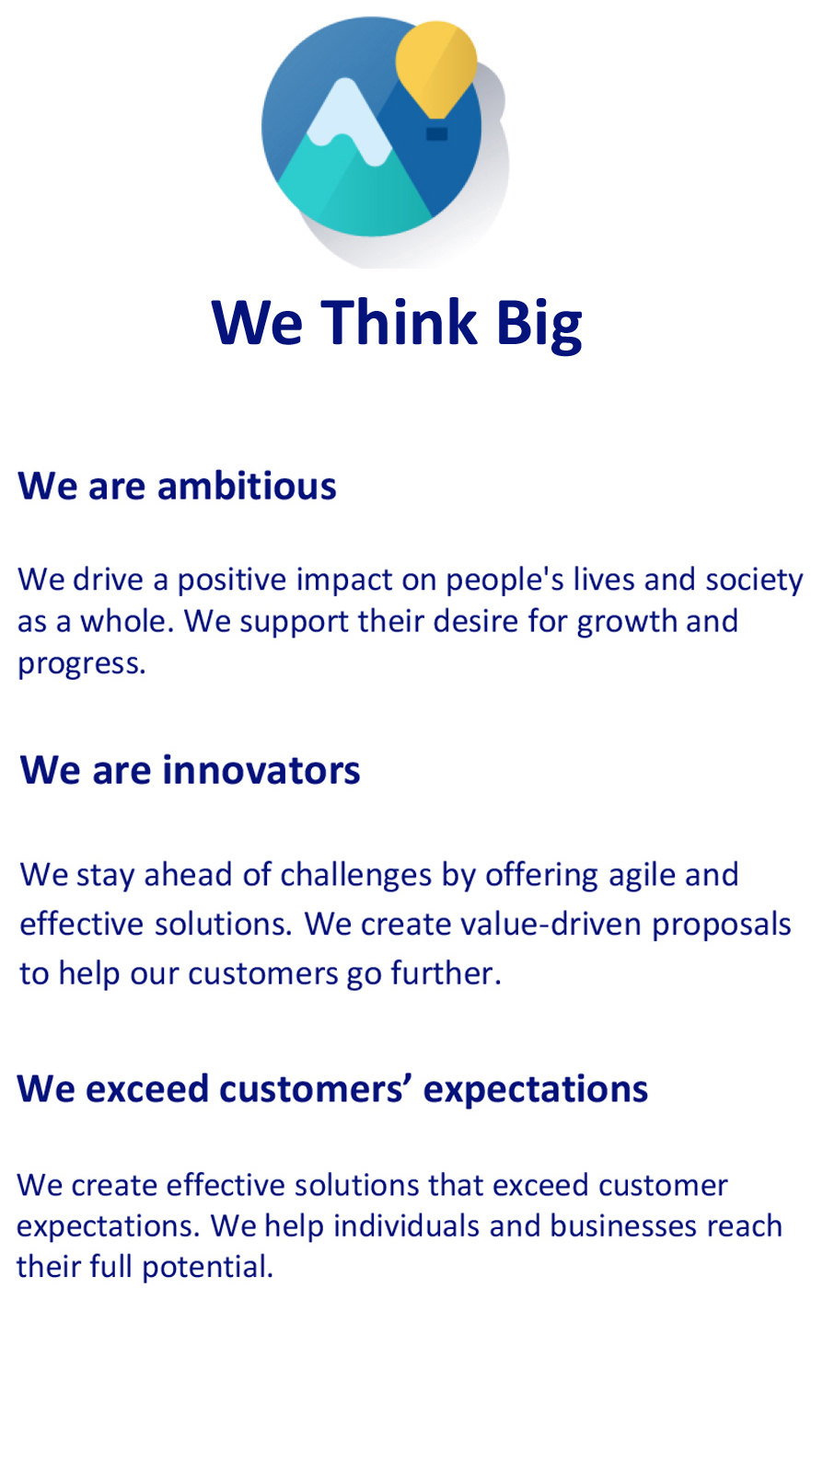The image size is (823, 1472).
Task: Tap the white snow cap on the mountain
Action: (x=347, y=121)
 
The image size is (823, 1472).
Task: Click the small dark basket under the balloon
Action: (x=436, y=133)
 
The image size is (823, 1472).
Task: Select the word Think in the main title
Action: (x=399, y=323)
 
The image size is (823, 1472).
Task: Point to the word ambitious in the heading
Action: (x=247, y=487)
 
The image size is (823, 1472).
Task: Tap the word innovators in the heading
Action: (x=261, y=771)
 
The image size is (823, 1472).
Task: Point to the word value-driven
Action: (x=551, y=925)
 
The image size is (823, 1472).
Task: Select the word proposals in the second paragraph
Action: (x=722, y=926)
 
